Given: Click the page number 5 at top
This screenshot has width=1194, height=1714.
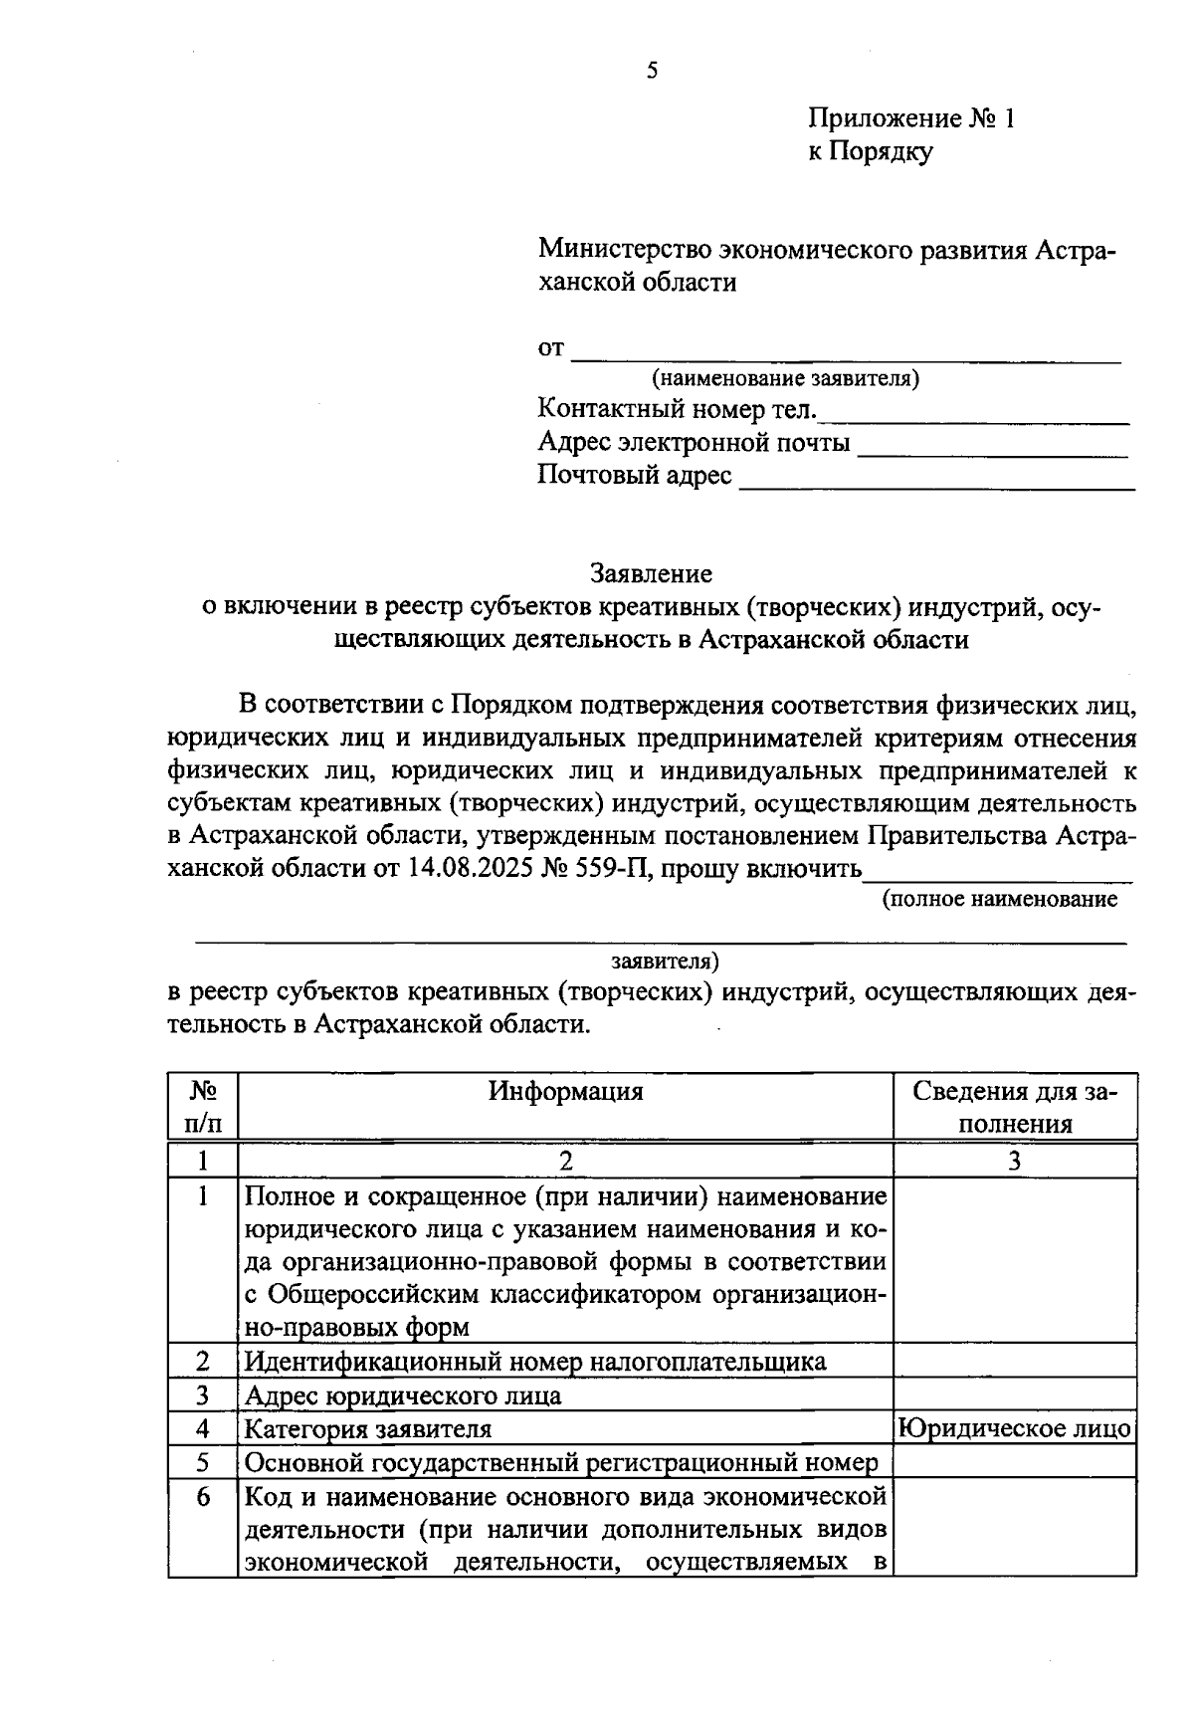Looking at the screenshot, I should click(x=652, y=71).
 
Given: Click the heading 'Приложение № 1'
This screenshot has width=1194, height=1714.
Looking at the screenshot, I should click(x=910, y=119).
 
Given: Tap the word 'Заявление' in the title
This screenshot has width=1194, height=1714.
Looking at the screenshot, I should click(x=651, y=574).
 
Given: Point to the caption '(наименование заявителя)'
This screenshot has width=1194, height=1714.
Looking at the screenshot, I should click(x=786, y=379).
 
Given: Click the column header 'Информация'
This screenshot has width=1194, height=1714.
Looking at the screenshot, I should click(x=565, y=1092).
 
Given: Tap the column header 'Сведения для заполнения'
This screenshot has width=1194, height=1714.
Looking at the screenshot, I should click(x=1015, y=1108).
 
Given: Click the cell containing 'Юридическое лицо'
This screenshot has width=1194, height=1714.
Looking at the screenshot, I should click(x=1015, y=1429).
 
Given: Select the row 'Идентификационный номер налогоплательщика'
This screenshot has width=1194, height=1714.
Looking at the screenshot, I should click(x=535, y=1362).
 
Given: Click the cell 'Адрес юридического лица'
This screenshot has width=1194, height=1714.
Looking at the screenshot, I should click(x=403, y=1395).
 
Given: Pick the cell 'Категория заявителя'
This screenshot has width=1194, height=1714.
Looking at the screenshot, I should click(x=368, y=1429).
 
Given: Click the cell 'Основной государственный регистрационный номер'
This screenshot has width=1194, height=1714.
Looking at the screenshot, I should click(x=561, y=1463).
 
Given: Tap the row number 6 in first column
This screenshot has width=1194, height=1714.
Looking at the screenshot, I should click(x=203, y=1496).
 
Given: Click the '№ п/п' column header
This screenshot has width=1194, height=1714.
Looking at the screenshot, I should click(x=203, y=1108).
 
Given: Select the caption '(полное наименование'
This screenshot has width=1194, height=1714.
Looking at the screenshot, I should click(x=1000, y=900).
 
